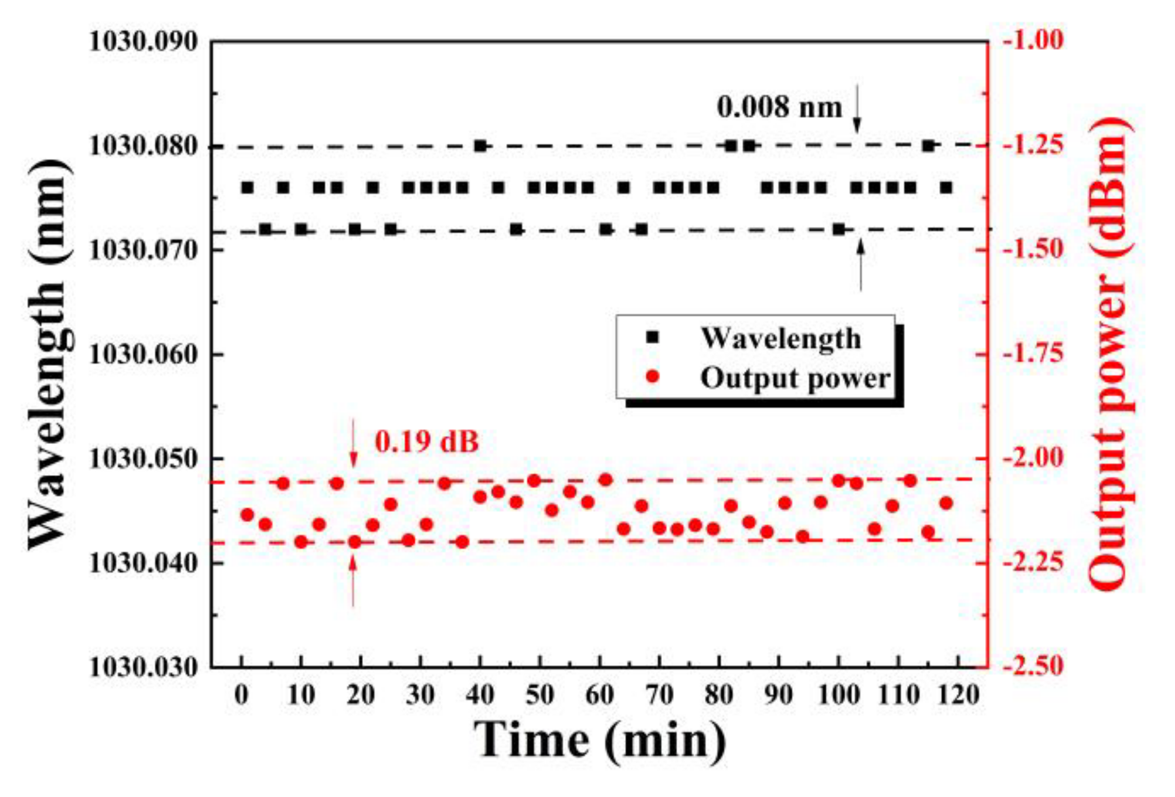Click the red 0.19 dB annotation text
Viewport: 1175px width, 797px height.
[427, 441]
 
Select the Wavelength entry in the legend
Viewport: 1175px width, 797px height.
[780, 338]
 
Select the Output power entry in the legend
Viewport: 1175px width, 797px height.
[794, 378]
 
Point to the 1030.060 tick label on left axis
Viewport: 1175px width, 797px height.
[143, 354]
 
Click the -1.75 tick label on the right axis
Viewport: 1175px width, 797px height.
[1034, 354]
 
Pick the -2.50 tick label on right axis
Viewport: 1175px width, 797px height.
[1034, 666]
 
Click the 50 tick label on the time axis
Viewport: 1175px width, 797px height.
[539, 696]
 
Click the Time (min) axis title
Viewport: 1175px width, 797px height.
[599, 740]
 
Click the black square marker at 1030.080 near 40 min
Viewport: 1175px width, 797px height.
[481, 145]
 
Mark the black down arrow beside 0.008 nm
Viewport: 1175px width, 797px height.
[857, 108]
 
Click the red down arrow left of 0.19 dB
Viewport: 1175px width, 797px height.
[353, 443]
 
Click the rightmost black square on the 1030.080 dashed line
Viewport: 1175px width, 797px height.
[928, 145]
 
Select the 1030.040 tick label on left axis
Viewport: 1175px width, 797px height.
[143, 563]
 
